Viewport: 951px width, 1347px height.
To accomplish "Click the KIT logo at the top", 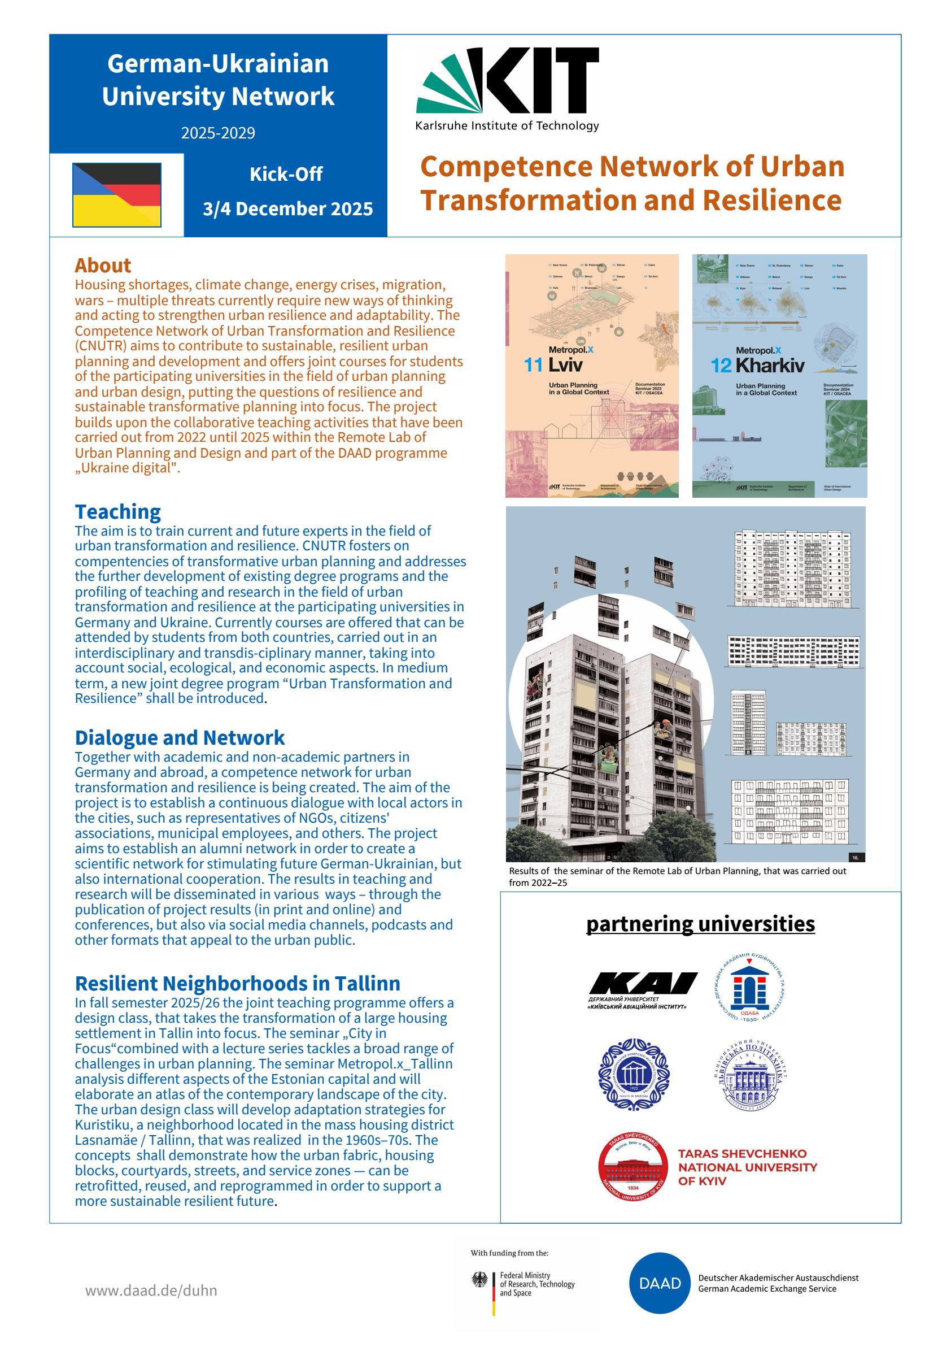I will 508,80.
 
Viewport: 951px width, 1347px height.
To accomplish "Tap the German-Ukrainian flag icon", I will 117,195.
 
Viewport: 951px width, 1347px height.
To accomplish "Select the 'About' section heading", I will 103,265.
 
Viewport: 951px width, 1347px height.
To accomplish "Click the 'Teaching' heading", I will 117,511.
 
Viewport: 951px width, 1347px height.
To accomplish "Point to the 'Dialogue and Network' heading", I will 180,737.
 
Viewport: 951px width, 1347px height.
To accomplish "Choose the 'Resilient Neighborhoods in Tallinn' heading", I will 237,983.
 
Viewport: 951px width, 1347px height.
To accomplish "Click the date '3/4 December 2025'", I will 287,209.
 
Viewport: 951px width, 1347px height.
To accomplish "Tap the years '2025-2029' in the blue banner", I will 217,133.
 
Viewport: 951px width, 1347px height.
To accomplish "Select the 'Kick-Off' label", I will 286,174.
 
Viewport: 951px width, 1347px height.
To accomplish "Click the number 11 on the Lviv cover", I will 533,365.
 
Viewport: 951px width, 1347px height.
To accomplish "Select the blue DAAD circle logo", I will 660,1283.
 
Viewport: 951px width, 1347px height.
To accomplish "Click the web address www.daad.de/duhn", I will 151,1290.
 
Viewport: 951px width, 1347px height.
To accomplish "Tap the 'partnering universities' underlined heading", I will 700,924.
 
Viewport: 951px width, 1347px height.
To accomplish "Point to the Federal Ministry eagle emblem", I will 479,1280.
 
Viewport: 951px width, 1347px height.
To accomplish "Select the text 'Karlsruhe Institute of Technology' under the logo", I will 507,125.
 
